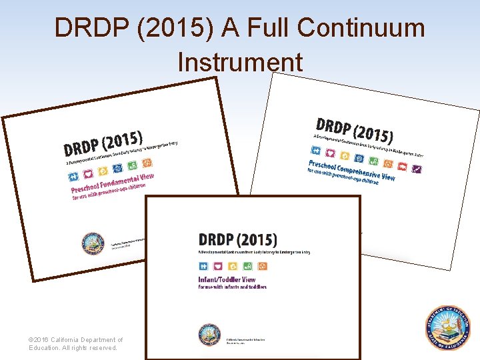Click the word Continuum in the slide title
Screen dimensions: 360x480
(361, 28)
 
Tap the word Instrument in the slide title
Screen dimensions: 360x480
(240, 62)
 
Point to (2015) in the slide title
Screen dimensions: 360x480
(159, 28)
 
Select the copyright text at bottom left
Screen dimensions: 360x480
(75, 343)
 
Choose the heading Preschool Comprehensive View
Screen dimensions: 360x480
(351, 171)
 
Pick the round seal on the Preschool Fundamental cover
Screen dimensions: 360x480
(93, 243)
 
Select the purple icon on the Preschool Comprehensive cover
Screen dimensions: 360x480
(417, 169)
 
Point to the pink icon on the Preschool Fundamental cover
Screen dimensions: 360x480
(87, 174)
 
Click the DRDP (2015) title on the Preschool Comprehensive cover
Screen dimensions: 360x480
(354, 130)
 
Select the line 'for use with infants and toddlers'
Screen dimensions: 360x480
(232, 287)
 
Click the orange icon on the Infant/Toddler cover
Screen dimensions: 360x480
(263, 267)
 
